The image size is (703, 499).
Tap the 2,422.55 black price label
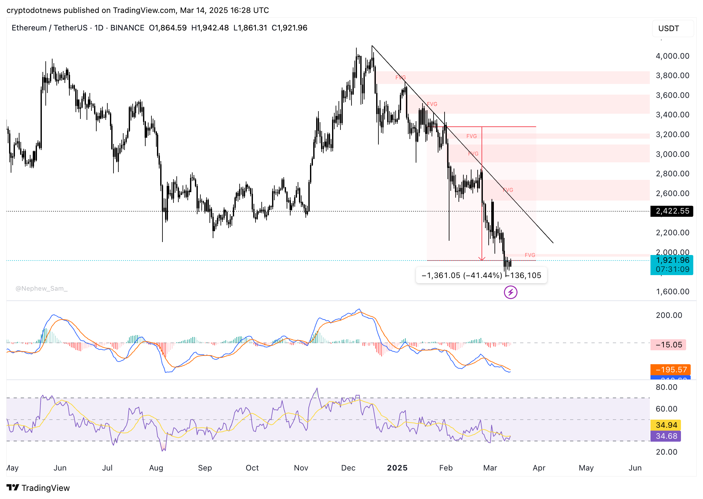pyautogui.click(x=672, y=211)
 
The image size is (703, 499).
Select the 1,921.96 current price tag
pyautogui.click(x=672, y=261)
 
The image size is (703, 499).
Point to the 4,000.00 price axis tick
pyautogui.click(x=672, y=56)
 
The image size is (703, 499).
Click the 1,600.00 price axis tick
pyautogui.click(x=672, y=292)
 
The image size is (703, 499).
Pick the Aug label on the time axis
pyautogui.click(x=156, y=468)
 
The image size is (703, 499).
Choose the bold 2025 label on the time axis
pyautogui.click(x=397, y=468)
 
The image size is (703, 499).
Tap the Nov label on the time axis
pyautogui.click(x=301, y=468)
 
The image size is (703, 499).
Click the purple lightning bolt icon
pyautogui.click(x=510, y=292)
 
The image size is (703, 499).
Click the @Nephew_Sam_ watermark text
pyautogui.click(x=42, y=288)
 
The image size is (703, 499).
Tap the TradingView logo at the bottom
pyautogui.click(x=38, y=488)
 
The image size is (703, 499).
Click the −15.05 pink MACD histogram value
pyautogui.click(x=668, y=345)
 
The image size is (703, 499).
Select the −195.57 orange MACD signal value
pyautogui.click(x=670, y=370)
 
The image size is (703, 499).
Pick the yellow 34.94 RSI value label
pyautogui.click(x=666, y=425)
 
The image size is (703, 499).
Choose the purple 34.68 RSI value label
pyautogui.click(x=666, y=436)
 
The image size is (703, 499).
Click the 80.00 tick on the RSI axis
pyautogui.click(x=666, y=387)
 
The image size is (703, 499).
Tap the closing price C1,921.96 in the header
pyautogui.click(x=289, y=28)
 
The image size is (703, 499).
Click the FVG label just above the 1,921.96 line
pyautogui.click(x=530, y=255)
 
